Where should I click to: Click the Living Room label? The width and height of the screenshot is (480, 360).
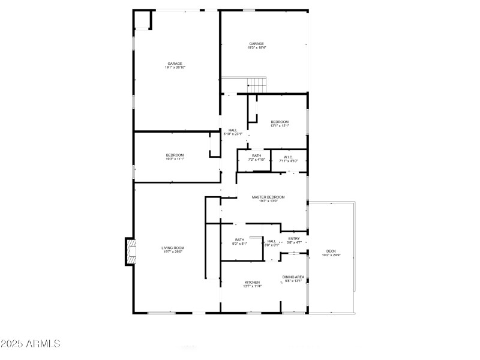[173, 248]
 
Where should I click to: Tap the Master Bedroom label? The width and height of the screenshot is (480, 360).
[268, 197]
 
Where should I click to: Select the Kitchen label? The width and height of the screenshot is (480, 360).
[252, 282]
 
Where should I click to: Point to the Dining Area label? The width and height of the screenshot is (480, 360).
[294, 277]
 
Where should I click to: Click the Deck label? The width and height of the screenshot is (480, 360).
[331, 251]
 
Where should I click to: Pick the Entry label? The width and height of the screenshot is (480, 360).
[294, 239]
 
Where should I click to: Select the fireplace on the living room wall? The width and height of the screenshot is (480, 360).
[130, 252]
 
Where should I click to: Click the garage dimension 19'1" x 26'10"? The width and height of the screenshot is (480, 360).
[175, 68]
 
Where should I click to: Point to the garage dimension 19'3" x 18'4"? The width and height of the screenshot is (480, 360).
[257, 47]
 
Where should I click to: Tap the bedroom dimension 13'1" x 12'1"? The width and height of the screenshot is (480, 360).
[280, 126]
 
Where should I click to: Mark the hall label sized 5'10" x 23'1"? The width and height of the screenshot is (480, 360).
[233, 130]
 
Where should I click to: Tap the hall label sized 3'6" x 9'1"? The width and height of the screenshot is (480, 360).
[272, 241]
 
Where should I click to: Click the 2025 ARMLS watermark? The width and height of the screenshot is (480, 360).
[31, 344]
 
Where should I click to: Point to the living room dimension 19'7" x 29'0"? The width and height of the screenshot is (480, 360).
[173, 252]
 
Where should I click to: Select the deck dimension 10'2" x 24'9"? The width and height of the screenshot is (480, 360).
[331, 256]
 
